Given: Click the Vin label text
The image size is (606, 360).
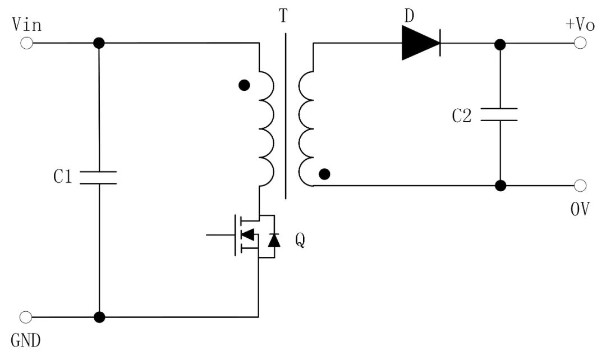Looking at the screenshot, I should [x=26, y=25].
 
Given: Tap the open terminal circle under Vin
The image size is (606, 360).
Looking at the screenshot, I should [x=26, y=43].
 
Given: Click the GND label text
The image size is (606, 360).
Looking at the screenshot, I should [x=25, y=339].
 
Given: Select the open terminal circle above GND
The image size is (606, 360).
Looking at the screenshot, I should [x=25, y=317].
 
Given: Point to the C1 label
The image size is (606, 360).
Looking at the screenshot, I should [x=63, y=178].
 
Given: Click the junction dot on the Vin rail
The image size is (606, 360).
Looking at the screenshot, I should [x=99, y=43].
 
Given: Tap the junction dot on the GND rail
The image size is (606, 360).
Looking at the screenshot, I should [x=99, y=317].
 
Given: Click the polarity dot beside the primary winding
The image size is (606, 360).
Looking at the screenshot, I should [x=244, y=85].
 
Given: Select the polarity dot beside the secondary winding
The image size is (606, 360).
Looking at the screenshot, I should [x=324, y=174].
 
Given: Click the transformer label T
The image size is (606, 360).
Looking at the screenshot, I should [x=283, y=17].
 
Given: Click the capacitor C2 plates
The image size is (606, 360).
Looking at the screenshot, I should [x=499, y=115].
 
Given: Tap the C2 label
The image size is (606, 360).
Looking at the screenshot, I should [x=462, y=116].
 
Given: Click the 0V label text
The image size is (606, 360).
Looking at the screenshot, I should [x=580, y=210].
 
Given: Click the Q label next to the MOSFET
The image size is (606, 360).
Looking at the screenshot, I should [x=300, y=241].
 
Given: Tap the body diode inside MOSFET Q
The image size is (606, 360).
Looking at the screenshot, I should [x=274, y=240].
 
